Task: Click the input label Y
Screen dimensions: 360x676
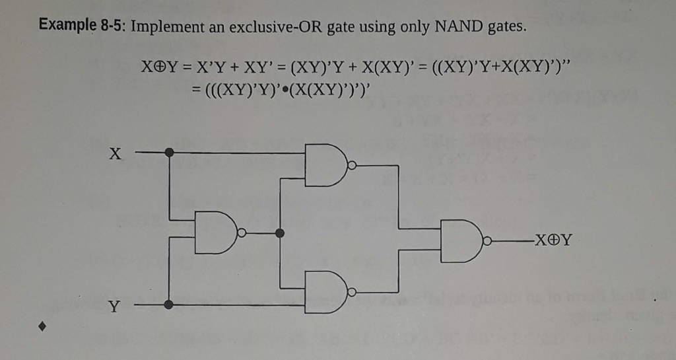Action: click(x=115, y=306)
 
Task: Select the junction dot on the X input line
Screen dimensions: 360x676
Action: click(x=170, y=153)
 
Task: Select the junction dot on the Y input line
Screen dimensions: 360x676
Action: click(x=169, y=305)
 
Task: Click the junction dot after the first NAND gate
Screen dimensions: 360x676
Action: click(x=280, y=233)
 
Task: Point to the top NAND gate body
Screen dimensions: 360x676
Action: click(x=325, y=165)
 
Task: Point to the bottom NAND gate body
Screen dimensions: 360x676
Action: click(x=325, y=291)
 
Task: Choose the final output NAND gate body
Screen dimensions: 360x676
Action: click(x=463, y=240)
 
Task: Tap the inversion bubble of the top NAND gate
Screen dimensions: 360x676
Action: click(x=351, y=165)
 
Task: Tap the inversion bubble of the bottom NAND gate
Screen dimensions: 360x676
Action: click(x=351, y=291)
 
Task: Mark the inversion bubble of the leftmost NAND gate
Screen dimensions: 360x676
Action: click(x=242, y=233)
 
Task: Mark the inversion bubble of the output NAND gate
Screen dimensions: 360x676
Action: click(x=489, y=240)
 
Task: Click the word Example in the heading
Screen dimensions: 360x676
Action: click(x=67, y=26)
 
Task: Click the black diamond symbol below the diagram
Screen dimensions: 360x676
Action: click(x=44, y=326)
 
